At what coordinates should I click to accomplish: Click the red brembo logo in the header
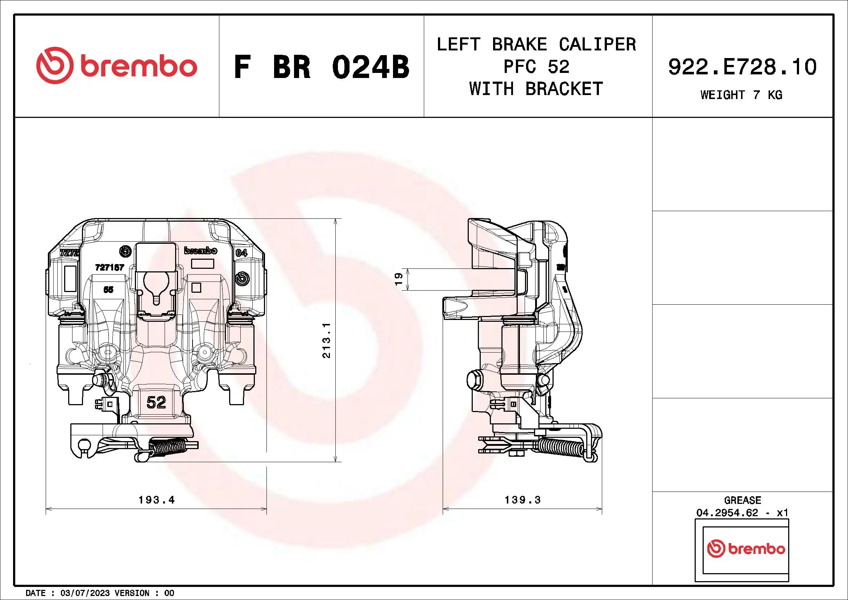pos(117,65)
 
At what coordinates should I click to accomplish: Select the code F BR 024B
pos(321,67)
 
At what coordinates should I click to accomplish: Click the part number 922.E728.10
pos(742,67)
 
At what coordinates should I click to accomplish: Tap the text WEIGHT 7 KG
pos(741,95)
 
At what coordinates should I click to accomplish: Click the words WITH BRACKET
pos(536,89)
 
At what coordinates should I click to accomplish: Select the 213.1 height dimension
pos(327,340)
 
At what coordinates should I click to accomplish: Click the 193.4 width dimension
pos(157,500)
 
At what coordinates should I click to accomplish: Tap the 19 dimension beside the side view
pos(398,279)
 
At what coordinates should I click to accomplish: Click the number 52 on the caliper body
pos(156,402)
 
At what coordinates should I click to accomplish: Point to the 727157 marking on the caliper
pos(110,267)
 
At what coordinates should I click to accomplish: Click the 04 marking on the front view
pos(241,253)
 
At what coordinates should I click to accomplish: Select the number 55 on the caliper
pos(108,289)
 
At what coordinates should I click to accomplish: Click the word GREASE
pos(742,500)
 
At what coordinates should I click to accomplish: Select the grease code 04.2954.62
pos(727,513)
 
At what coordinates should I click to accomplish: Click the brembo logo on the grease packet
pos(746,548)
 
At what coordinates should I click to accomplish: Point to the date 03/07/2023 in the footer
pos(85,593)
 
